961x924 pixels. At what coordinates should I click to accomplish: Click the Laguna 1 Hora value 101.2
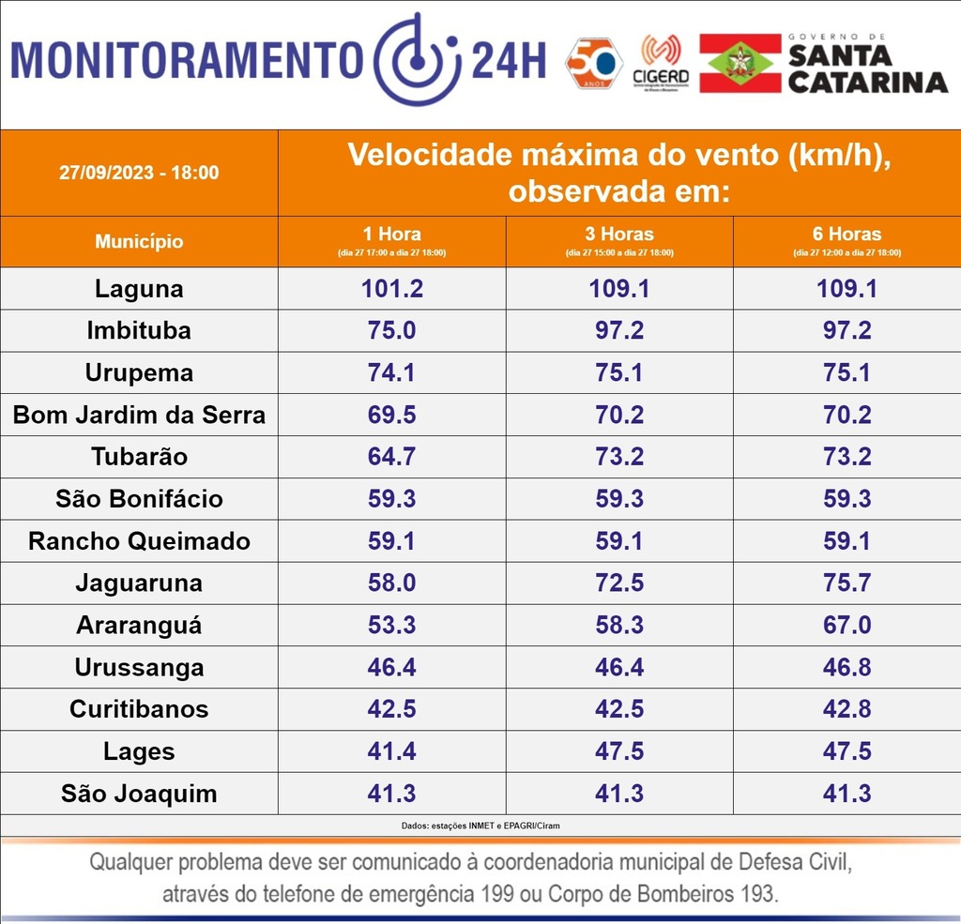tap(392, 289)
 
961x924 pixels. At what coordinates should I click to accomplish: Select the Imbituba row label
tap(139, 331)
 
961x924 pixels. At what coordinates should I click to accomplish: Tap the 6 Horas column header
tap(847, 240)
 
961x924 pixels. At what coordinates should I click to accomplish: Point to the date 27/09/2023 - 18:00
tap(139, 173)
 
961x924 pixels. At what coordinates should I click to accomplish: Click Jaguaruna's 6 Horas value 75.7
tap(847, 583)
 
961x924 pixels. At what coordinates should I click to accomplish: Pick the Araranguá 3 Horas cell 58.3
tap(619, 626)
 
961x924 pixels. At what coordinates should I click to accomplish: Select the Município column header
tap(139, 242)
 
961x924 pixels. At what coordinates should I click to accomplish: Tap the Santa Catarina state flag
tap(740, 63)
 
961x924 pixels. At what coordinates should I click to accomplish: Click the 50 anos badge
tap(594, 63)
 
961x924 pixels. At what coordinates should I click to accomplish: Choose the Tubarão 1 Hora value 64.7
tap(392, 457)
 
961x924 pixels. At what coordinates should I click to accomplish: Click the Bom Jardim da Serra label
tap(139, 416)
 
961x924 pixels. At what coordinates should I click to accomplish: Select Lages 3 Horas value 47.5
tap(619, 751)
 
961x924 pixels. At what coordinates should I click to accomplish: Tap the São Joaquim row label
tap(139, 794)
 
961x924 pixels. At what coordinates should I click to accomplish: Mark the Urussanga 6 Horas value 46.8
tap(847, 668)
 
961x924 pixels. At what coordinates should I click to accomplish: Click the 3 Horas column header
tap(619, 240)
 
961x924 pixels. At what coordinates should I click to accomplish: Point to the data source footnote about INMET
tap(480, 826)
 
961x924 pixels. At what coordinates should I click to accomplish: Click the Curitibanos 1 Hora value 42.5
tap(392, 709)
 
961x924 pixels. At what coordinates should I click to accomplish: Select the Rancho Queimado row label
tap(139, 541)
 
